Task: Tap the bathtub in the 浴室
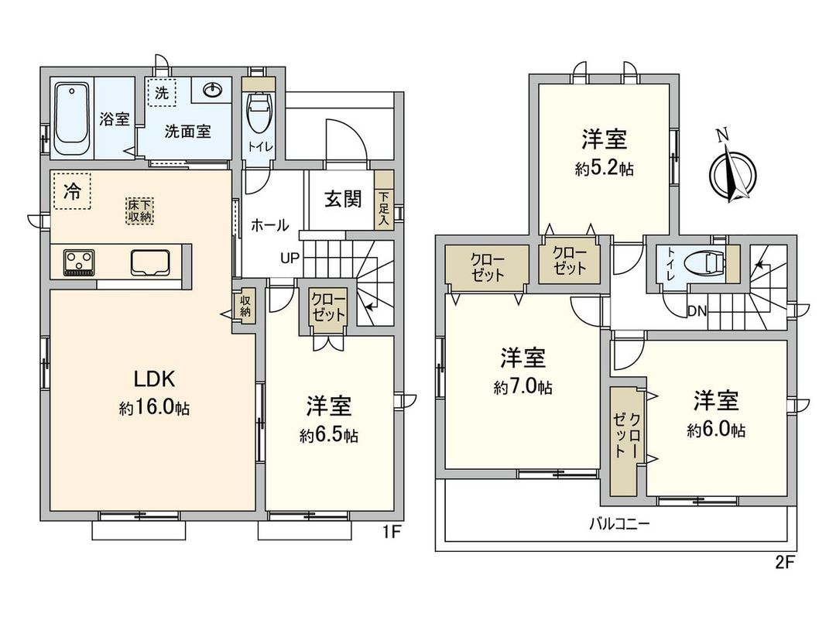74,121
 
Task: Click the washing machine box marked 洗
161,93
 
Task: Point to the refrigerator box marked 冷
71,190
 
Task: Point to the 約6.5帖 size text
329,436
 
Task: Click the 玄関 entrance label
342,200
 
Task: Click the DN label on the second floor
696,310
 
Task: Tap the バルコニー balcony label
617,523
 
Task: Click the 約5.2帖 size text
604,169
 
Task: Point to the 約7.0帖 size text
522,387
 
